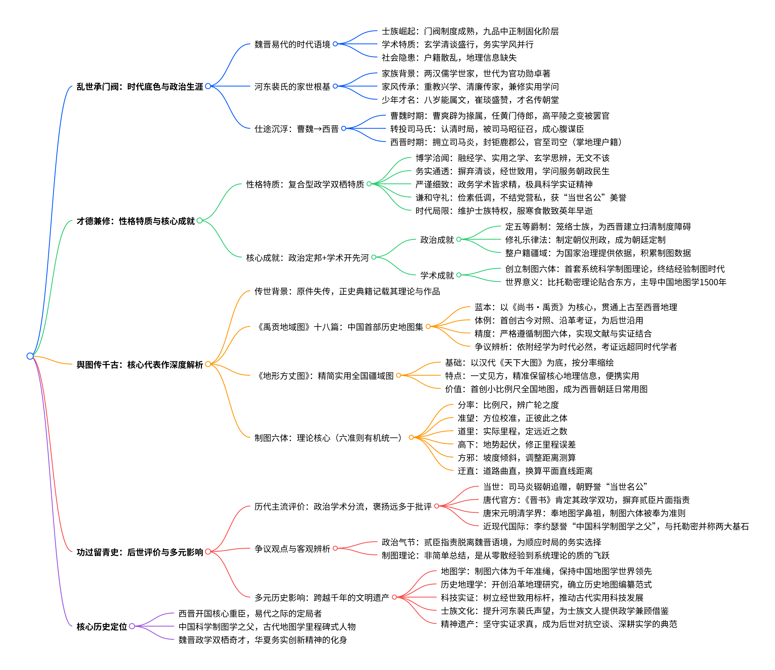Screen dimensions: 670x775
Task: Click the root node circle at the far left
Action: pyautogui.click(x=30, y=356)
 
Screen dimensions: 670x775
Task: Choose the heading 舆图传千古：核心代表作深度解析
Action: pyautogui.click(x=140, y=364)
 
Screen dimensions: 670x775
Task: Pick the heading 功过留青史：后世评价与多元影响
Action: pyautogui.click(x=140, y=552)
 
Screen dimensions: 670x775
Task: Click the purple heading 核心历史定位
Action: pyautogui.click(x=102, y=627)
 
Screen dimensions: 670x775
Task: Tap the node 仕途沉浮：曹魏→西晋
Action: pyautogui.click(x=296, y=129)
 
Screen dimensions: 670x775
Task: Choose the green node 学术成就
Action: pyautogui.click(x=437, y=275)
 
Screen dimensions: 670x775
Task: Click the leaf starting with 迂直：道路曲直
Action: pyautogui.click(x=525, y=471)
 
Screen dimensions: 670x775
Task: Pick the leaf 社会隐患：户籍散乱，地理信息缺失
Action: pyautogui.click(x=449, y=58)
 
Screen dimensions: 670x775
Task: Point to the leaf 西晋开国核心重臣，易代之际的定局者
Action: pyautogui.click(x=250, y=613)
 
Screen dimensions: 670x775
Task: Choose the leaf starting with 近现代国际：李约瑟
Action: pyautogui.click(x=615, y=527)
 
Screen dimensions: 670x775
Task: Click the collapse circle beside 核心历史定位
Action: pyautogui.click(x=132, y=626)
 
